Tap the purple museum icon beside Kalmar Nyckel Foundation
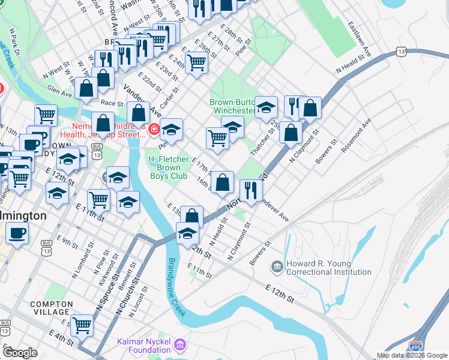(x=180, y=345)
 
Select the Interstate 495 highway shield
(x=415, y=346)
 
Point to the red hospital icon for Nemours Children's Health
(x=154, y=128)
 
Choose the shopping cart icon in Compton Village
(x=82, y=325)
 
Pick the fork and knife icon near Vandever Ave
(x=251, y=190)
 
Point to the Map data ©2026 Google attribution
(x=412, y=355)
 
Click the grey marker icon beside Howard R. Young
(x=277, y=265)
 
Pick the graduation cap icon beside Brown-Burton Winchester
(x=266, y=107)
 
